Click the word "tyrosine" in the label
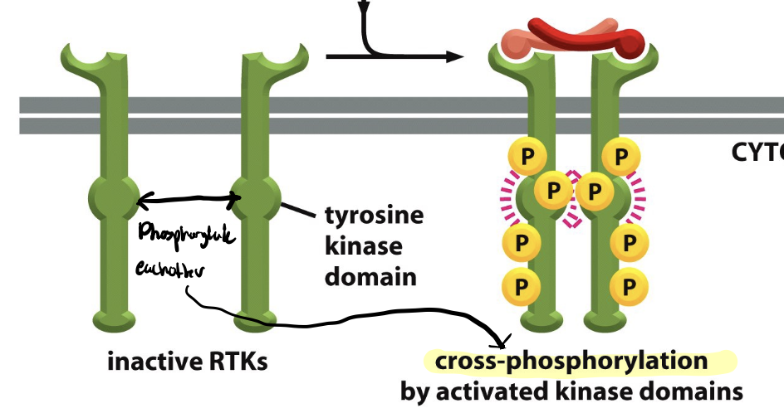[374, 217]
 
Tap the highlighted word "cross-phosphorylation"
[571, 362]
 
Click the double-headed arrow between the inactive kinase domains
[188, 198]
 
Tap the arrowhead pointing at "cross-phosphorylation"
[500, 341]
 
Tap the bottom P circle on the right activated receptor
[629, 287]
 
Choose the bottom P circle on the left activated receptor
[522, 287]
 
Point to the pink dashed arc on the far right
[639, 198]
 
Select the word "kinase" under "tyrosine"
[364, 247]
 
